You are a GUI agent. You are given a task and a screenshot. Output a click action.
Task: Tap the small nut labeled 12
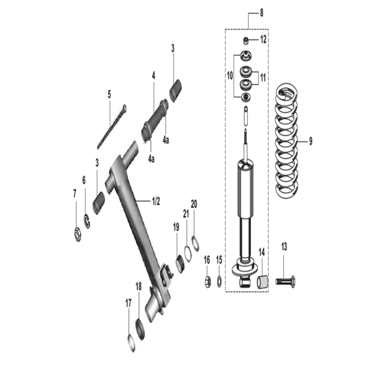pyautogui.click(x=245, y=40)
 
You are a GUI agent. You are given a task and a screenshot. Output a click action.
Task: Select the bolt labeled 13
pyautogui.click(x=286, y=281)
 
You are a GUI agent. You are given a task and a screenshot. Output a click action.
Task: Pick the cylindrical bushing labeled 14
pyautogui.click(x=263, y=282)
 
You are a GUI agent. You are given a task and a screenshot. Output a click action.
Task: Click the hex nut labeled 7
pyautogui.click(x=78, y=234)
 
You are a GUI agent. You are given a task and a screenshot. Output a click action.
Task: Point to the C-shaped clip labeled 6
pyautogui.click(x=87, y=221)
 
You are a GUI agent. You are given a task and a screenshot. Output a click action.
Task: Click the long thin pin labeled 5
pyautogui.click(x=111, y=127)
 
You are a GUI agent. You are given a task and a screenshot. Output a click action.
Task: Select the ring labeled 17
pyautogui.click(x=131, y=343)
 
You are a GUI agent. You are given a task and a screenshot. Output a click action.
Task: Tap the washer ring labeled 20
pyautogui.click(x=195, y=243)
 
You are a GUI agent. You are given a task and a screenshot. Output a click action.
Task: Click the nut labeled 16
pyautogui.click(x=208, y=281)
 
